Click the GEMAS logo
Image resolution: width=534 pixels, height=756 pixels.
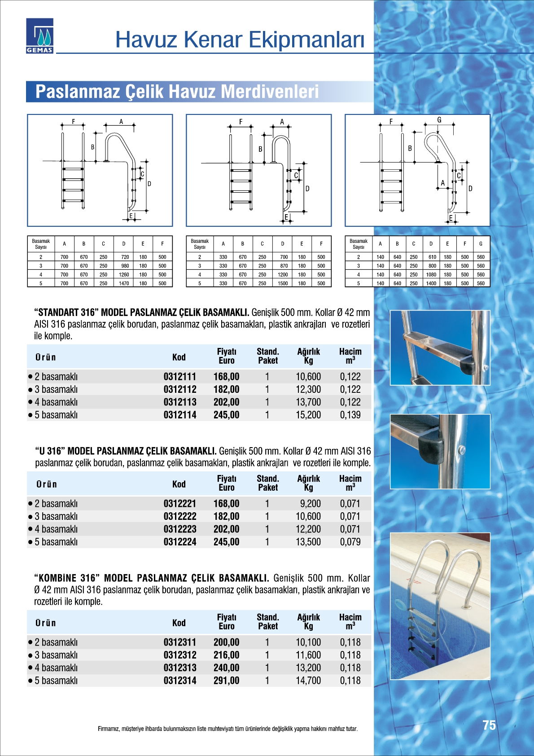(39, 36)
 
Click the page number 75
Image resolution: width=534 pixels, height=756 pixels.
(489, 725)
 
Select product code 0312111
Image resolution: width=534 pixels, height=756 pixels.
(179, 377)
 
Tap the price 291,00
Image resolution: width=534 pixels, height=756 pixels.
(226, 681)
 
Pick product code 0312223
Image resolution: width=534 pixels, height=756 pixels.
(179, 529)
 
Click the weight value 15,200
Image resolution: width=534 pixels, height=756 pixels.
(308, 415)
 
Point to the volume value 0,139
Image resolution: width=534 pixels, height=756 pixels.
(350, 415)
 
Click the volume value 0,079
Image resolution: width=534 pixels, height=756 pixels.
(350, 542)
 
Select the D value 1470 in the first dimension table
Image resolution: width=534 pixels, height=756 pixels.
(124, 283)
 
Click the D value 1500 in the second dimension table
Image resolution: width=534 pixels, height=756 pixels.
(283, 283)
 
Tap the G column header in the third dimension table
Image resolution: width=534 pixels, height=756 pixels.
(481, 244)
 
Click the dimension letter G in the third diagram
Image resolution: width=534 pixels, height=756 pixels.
(439, 120)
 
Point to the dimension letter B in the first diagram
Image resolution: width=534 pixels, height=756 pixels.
(93, 147)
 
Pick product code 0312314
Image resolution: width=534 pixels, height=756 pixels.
(179, 681)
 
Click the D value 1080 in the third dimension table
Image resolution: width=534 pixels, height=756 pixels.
(431, 274)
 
